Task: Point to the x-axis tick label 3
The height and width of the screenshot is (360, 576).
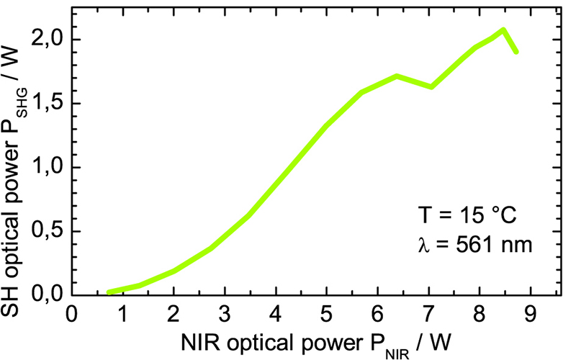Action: point(225,314)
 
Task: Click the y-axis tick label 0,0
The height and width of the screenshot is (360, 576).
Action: point(47,295)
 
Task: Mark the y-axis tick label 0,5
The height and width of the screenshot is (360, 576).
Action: point(47,231)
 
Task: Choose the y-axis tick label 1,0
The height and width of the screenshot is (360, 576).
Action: point(47,167)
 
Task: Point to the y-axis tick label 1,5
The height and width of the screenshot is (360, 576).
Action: point(47,103)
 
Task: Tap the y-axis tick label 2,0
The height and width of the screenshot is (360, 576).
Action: point(47,39)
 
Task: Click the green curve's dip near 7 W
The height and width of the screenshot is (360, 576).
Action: point(431,86)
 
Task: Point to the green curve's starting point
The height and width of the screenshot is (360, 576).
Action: point(109,292)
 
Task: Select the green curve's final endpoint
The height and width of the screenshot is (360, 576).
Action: point(516,51)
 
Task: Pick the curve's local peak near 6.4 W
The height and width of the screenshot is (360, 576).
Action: point(397,76)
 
